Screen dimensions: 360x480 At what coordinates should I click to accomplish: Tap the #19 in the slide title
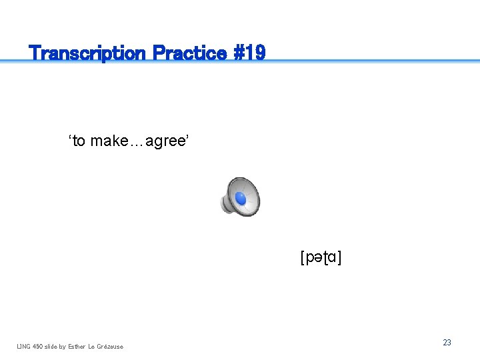249,53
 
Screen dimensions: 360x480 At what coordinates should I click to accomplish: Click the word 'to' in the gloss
77,141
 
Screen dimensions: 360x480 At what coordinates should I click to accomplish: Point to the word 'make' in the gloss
111,141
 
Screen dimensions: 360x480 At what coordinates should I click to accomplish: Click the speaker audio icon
240,197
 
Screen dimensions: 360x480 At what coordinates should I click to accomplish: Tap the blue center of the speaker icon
241,199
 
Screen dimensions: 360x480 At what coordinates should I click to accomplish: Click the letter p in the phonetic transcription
309,257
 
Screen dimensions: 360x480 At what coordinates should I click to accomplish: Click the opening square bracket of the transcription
303,257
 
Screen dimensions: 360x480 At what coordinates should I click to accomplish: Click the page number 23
447,342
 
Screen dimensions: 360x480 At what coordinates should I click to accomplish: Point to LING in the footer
24,346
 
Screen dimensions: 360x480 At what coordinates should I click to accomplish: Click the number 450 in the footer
39,346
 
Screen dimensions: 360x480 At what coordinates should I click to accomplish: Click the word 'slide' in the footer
53,346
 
